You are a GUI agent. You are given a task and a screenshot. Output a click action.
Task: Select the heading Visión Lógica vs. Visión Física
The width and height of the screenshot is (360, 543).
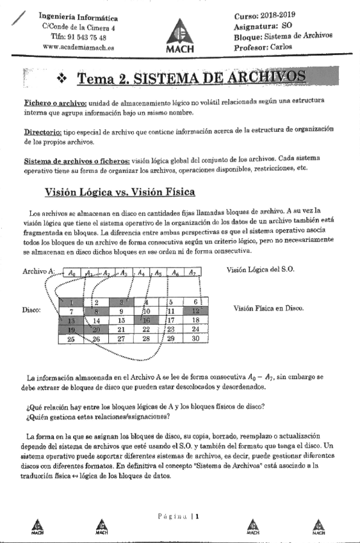point(120,191)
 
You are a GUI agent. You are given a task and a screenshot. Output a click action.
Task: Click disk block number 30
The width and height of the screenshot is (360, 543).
point(196,339)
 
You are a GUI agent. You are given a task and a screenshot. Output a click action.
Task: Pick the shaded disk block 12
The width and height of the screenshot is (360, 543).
point(196,311)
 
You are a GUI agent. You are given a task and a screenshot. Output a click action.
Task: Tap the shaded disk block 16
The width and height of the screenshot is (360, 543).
point(146,320)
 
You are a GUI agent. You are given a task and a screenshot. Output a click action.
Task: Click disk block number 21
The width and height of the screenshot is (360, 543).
point(120,329)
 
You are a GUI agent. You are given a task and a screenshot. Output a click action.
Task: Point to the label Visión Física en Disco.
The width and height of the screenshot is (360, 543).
point(268,309)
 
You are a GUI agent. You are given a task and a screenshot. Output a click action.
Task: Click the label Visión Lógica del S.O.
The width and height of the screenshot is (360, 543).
point(260,270)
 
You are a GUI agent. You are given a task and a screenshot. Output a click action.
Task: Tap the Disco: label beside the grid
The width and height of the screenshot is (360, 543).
point(33,311)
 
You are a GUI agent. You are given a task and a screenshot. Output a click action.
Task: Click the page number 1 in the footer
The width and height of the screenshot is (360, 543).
point(199,515)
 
